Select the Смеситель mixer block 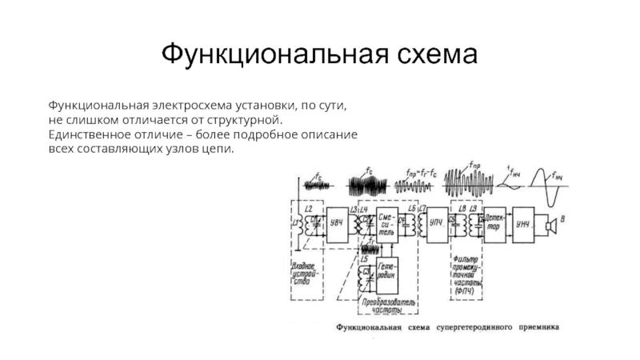(388, 226)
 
